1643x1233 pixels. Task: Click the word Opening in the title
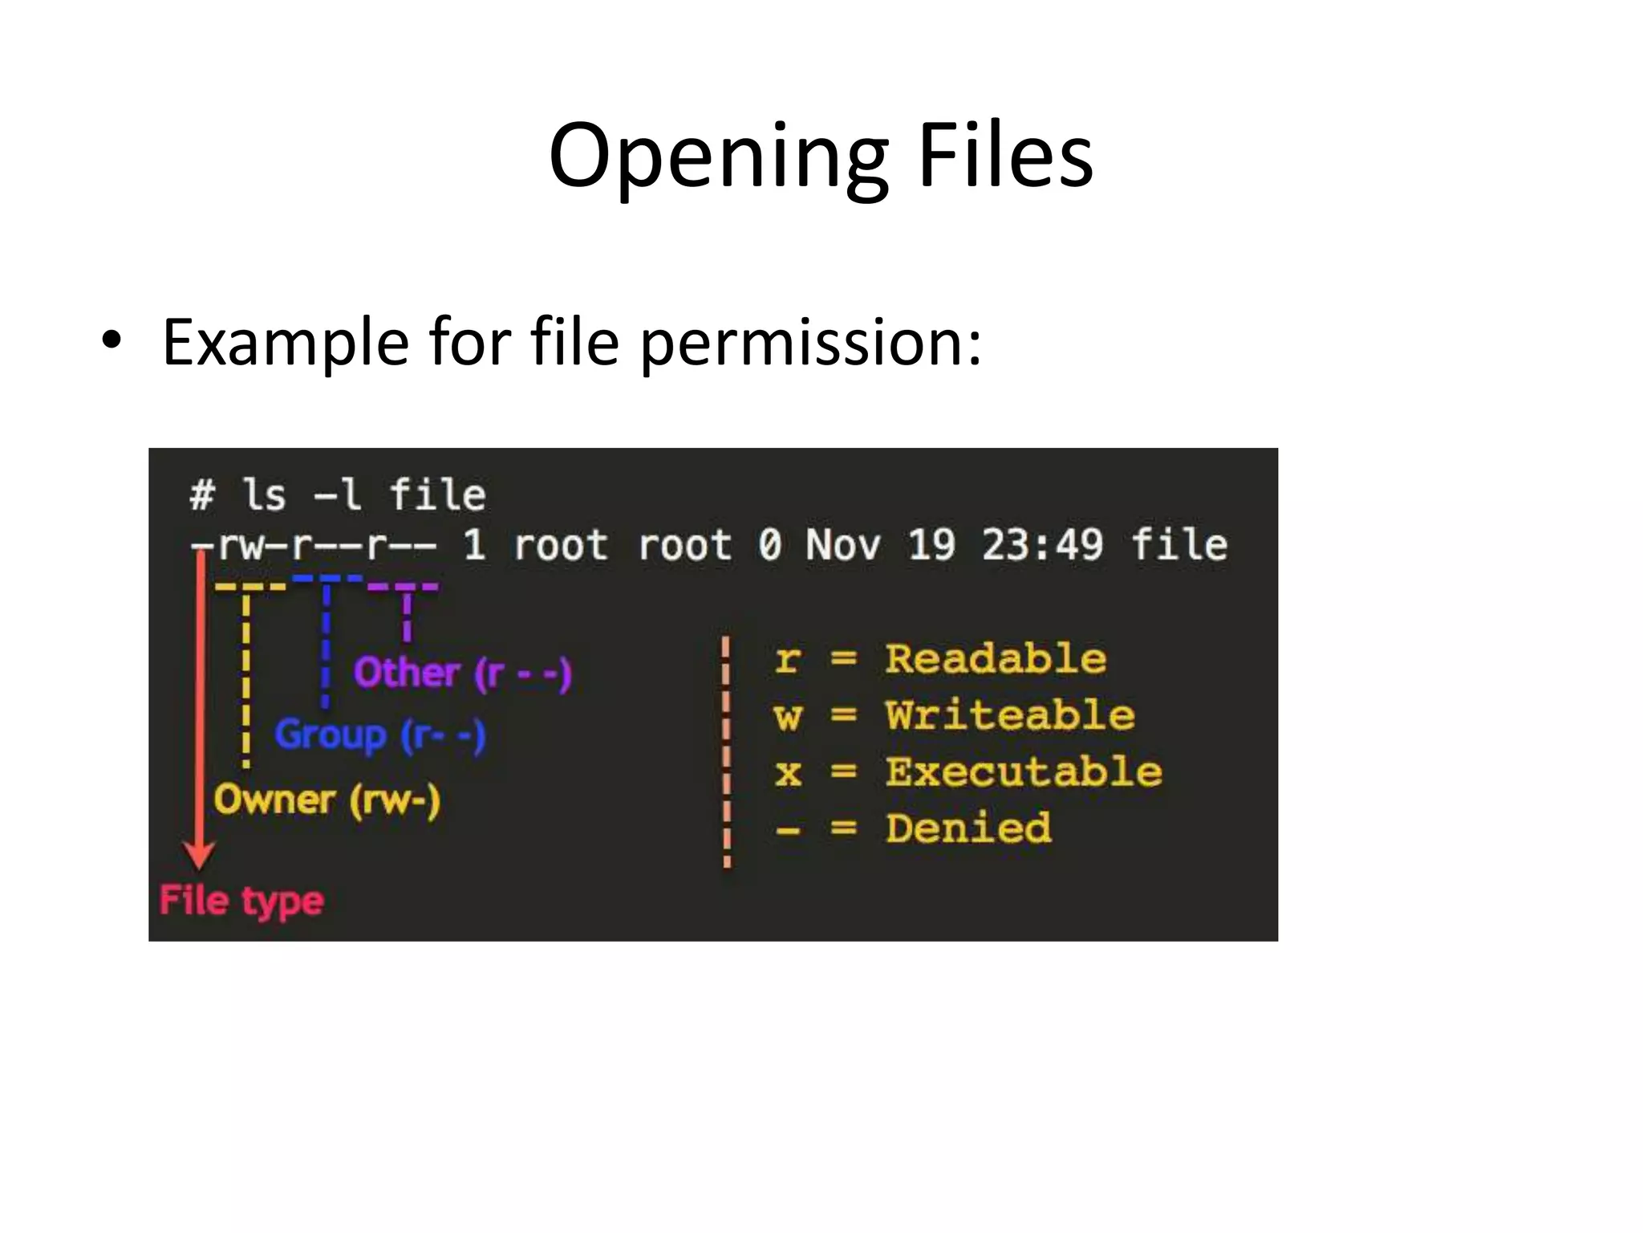pos(719,157)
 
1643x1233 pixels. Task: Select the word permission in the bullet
pos(810,344)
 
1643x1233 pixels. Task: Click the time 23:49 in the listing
pos(1043,545)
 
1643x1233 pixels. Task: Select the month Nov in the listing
pos(842,545)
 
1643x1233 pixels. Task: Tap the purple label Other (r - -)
pos(463,673)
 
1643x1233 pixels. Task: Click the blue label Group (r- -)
pos(380,735)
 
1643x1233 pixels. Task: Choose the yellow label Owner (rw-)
pos(327,800)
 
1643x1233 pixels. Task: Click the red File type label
pos(241,901)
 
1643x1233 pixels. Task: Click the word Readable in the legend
pos(996,659)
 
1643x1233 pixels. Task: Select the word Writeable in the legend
pos(1010,715)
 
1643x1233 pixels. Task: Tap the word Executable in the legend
pos(1024,771)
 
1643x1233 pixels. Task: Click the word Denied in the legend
pos(968,828)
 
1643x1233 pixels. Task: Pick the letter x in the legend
pos(788,772)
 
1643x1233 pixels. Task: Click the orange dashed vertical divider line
pos(726,751)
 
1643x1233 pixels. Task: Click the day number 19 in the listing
pos(931,545)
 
